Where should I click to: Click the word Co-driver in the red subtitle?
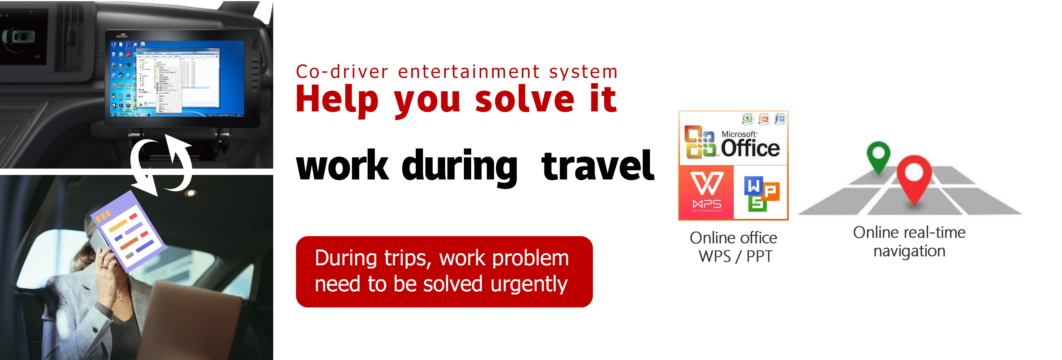click(342, 72)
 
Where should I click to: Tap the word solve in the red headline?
click(525, 99)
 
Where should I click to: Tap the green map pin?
click(878, 156)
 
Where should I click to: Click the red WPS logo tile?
click(707, 192)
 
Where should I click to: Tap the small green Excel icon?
click(748, 119)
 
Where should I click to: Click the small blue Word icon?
click(780, 119)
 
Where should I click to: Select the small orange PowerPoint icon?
click(764, 119)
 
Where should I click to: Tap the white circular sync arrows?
click(161, 165)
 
